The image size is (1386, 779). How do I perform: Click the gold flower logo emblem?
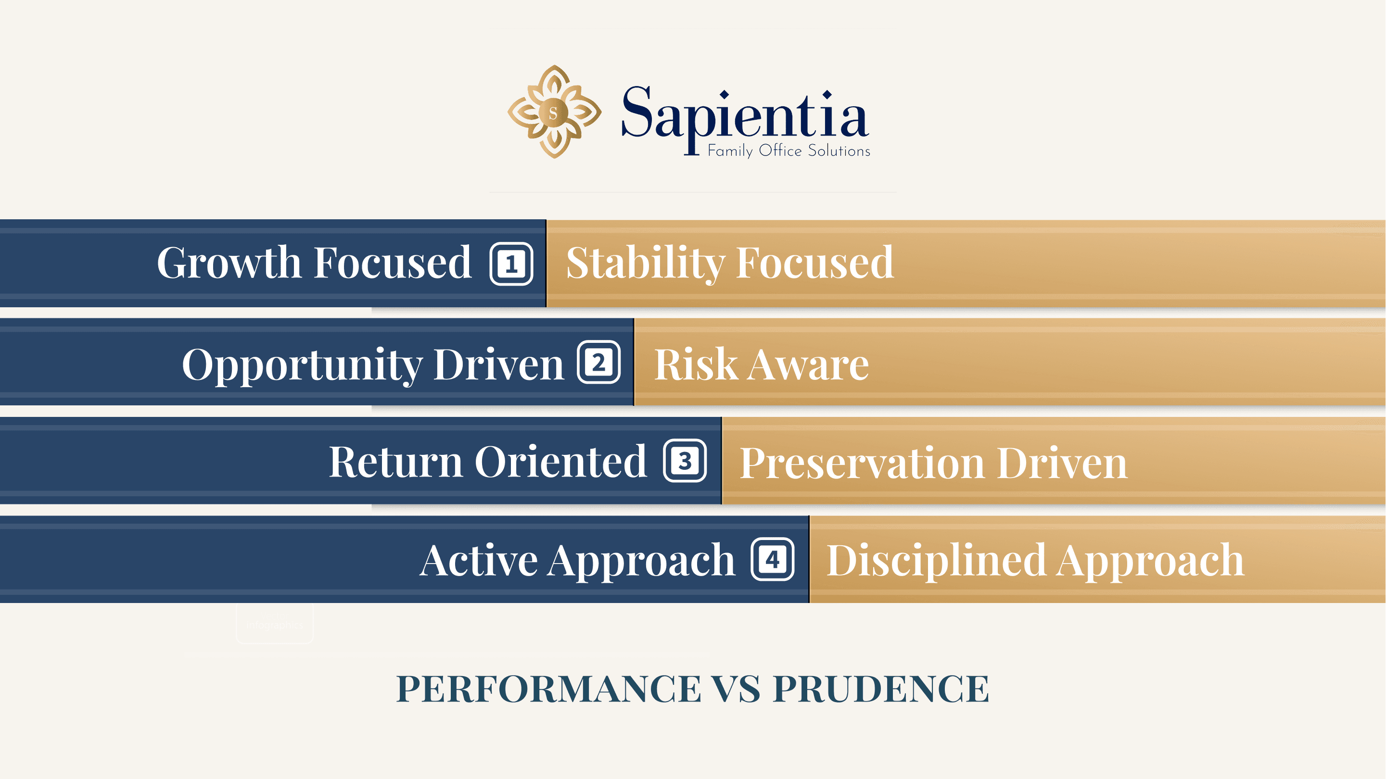(554, 112)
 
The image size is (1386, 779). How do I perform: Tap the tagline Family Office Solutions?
(789, 151)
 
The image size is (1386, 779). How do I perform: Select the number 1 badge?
(511, 264)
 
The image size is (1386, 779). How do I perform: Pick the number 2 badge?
(599, 363)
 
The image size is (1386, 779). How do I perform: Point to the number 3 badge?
(685, 461)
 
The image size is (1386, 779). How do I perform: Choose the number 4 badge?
(773, 560)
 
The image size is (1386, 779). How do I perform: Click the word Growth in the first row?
(229, 263)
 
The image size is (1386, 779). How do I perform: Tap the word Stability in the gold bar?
(645, 263)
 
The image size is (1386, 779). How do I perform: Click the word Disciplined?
(936, 561)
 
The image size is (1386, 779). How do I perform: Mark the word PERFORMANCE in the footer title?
(548, 689)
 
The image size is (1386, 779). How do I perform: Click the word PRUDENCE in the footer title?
(881, 689)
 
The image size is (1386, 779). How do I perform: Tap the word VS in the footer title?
(736, 689)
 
